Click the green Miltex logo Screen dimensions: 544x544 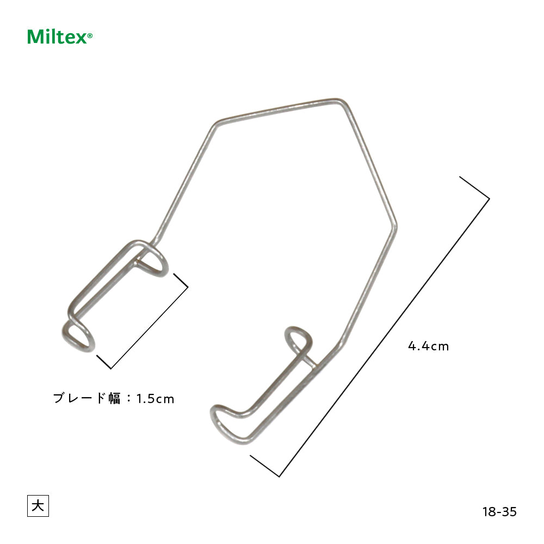(x=57, y=37)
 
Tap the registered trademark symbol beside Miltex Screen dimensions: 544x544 (x=90, y=36)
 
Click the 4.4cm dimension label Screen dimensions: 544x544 (x=429, y=346)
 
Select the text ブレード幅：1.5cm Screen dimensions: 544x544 (x=114, y=398)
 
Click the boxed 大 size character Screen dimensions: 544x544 (x=38, y=506)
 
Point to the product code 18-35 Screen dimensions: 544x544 (x=499, y=512)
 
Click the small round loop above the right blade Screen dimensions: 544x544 (x=298, y=338)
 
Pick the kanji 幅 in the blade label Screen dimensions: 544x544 (x=114, y=398)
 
